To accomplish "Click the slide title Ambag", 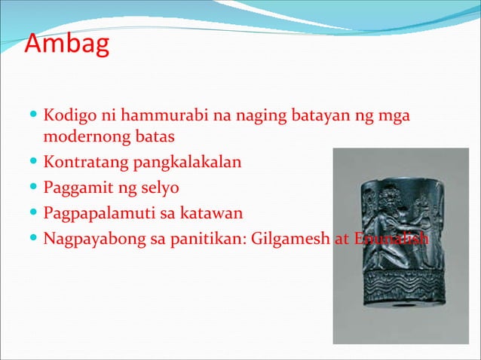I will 67,44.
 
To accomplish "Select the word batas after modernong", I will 153,139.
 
